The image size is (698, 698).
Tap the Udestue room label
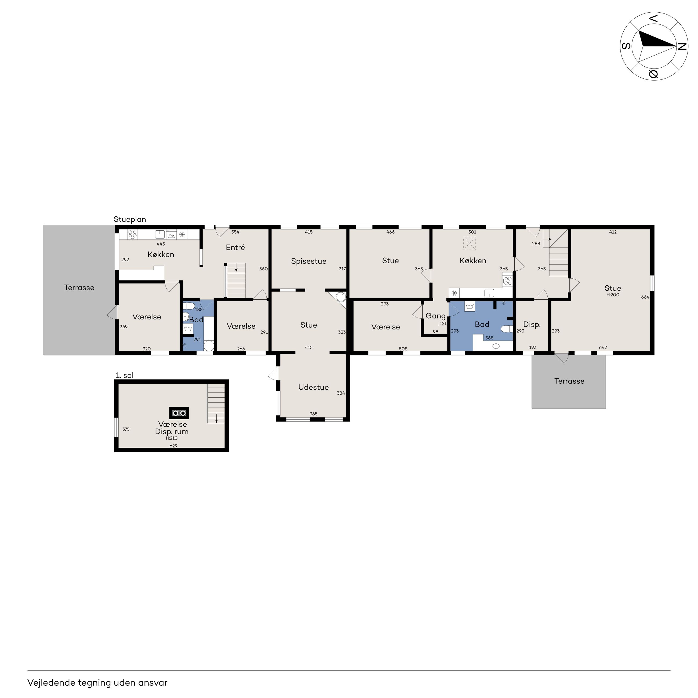pos(313,387)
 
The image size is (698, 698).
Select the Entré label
pos(235,248)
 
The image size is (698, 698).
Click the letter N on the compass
pos(682,47)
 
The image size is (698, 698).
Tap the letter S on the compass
pos(626,46)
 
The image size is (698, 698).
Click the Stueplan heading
pos(130,220)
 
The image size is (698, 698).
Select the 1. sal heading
pos(124,375)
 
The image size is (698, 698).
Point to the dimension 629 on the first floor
pos(173,446)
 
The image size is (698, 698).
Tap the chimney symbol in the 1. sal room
pos(179,413)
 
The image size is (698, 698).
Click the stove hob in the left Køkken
pos(133,234)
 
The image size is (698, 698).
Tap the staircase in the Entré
pos(236,280)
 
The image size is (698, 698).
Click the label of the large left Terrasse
pos(79,288)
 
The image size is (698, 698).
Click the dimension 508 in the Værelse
pos(403,349)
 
